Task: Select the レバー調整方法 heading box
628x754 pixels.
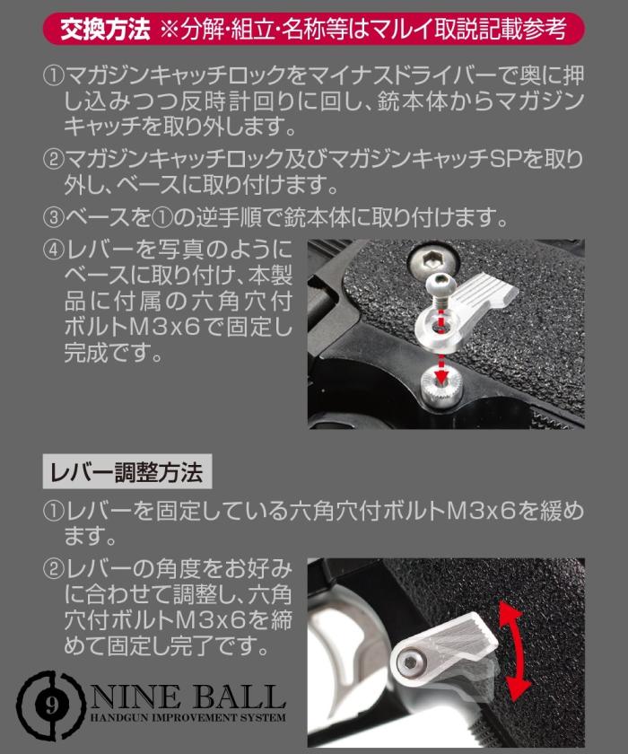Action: tap(126, 470)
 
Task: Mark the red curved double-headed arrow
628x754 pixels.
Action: tap(512, 651)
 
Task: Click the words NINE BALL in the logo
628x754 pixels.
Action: tap(186, 696)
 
